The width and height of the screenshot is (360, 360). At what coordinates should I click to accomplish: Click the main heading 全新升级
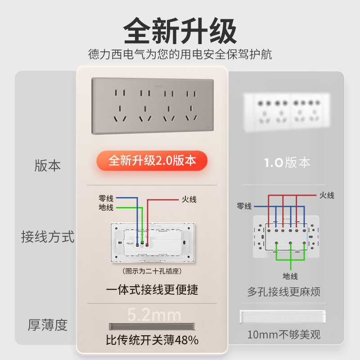point(180,31)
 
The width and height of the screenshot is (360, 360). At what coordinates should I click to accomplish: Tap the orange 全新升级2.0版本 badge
point(152,161)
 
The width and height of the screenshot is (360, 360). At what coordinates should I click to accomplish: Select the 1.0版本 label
point(287,162)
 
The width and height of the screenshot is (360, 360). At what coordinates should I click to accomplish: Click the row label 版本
point(47,166)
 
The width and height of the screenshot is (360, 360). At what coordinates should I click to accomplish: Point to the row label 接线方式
point(47,237)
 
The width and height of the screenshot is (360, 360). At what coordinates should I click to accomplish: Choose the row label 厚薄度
point(47,324)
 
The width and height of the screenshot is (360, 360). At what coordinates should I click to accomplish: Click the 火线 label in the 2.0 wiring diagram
point(189,199)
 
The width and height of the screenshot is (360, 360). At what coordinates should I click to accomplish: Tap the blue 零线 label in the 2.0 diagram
point(106,198)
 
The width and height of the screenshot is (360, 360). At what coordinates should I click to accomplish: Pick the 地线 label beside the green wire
point(106,207)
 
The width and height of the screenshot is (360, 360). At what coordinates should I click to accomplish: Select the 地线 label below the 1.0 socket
point(290,276)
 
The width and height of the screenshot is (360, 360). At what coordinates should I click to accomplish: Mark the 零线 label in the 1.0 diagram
point(244,206)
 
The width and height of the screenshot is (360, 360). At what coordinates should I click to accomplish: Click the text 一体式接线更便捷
point(152,289)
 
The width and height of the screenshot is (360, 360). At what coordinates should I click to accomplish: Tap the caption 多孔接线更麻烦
point(284,292)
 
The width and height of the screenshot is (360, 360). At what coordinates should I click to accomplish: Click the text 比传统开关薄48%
point(152,340)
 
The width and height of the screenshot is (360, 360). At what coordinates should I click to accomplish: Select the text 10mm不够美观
point(284,335)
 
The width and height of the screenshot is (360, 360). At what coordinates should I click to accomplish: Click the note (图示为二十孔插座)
point(152,271)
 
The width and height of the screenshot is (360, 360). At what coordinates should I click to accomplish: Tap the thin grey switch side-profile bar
point(152,326)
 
